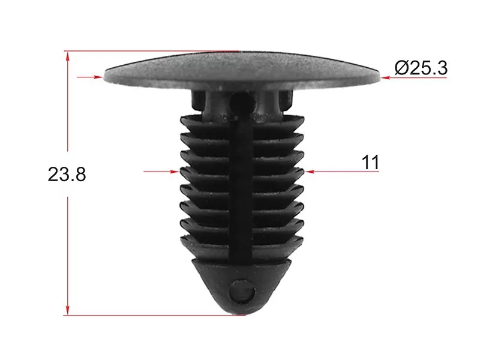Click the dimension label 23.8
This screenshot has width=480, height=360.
point(67,175)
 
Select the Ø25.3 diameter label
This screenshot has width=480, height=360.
point(421,68)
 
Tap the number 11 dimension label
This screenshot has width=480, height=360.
point(370,162)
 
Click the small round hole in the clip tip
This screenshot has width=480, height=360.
point(242,291)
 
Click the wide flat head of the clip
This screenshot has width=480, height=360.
point(242,69)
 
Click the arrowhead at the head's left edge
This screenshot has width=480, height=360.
point(99,77)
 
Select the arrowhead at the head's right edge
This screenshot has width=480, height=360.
point(385,78)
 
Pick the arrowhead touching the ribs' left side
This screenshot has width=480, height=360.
point(175,172)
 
